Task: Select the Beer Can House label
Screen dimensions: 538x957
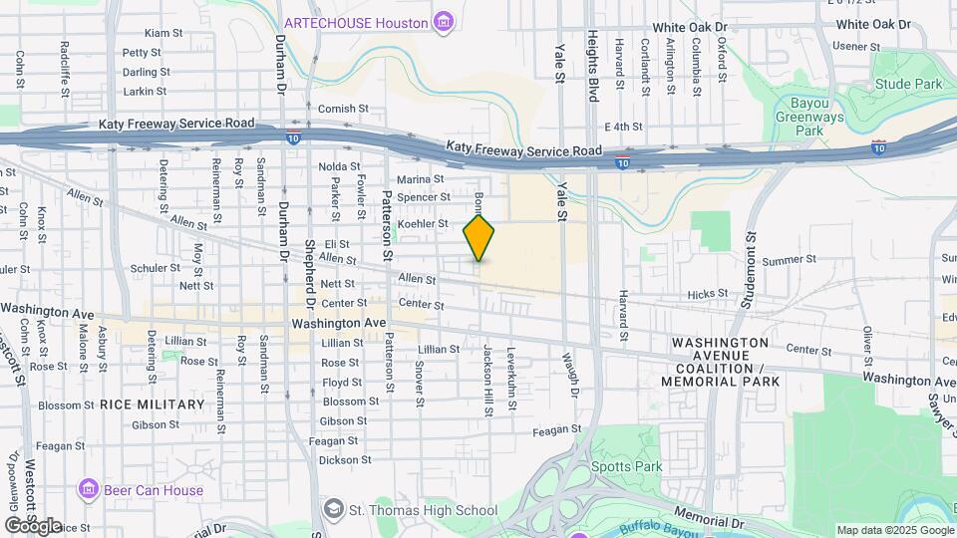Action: tap(153, 490)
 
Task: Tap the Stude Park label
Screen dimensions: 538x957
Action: tap(908, 84)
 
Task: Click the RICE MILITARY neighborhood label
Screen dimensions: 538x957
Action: tap(152, 404)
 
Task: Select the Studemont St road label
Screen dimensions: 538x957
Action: tap(747, 266)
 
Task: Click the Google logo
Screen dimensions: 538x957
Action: tap(33, 525)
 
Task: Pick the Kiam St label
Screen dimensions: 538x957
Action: tap(163, 33)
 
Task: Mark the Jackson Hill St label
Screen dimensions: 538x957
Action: tap(487, 380)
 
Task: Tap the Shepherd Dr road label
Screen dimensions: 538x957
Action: tap(309, 274)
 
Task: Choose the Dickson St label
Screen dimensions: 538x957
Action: tap(345, 460)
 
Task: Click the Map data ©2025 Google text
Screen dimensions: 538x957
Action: tap(894, 530)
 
